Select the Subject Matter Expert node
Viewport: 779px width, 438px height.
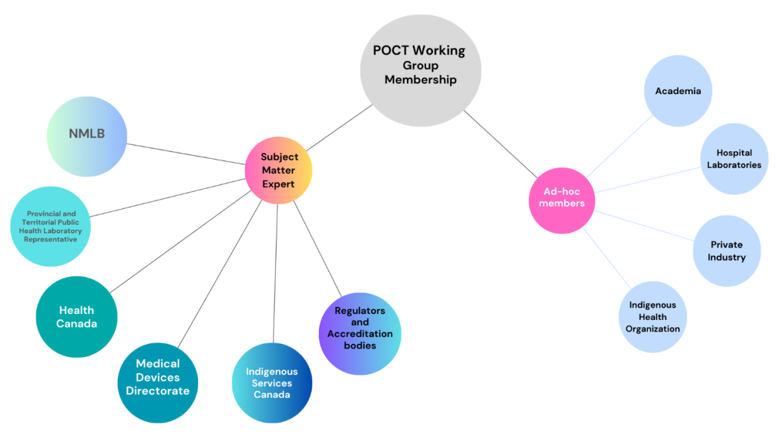278,171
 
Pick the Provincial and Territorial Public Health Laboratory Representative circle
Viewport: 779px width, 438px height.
51,226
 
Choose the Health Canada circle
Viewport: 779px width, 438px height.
76,317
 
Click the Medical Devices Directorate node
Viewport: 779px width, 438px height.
158,382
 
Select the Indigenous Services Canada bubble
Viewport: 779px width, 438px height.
271,383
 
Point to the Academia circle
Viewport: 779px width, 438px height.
678,91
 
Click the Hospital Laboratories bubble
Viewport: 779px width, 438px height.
734,159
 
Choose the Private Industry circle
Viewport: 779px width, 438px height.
726,251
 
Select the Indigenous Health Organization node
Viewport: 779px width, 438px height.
652,317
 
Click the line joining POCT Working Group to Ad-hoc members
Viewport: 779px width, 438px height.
500,143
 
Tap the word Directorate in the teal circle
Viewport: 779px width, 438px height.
158,391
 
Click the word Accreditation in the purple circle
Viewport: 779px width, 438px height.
360,334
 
